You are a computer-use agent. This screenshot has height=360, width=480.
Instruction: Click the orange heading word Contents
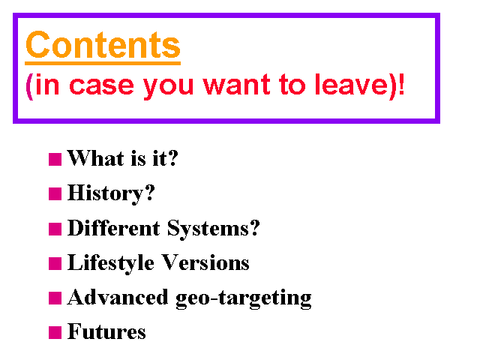click(x=103, y=45)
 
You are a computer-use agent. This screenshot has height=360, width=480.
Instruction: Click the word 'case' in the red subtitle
click(x=101, y=85)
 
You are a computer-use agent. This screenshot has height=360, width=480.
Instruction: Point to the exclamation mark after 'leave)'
click(x=401, y=85)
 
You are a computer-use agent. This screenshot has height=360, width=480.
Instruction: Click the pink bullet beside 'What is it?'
click(x=55, y=160)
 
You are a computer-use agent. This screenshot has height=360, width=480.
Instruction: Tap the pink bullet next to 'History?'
click(x=55, y=193)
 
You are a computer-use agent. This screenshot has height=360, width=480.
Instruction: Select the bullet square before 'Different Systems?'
click(x=55, y=229)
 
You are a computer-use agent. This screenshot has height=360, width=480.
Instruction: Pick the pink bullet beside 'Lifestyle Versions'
click(x=55, y=263)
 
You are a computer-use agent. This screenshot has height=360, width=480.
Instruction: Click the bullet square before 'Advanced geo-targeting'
click(x=55, y=298)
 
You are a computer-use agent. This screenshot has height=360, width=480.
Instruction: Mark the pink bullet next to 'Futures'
click(x=55, y=333)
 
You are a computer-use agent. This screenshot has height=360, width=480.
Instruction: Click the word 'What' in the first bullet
click(x=95, y=158)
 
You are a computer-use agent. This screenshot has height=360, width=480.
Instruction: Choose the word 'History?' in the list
click(x=111, y=193)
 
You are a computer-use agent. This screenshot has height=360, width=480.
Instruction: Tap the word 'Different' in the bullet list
click(x=113, y=228)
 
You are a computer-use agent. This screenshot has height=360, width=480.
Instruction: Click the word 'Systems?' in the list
click(x=213, y=229)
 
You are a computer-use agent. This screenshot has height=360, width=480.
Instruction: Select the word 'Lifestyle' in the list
click(x=110, y=263)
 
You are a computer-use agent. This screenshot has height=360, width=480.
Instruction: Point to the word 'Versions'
click(x=205, y=262)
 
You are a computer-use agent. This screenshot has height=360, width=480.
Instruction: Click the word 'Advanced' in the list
click(x=118, y=297)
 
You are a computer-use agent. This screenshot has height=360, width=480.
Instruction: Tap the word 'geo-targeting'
click(x=244, y=298)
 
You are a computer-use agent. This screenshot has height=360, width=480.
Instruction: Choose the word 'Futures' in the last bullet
click(x=106, y=331)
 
